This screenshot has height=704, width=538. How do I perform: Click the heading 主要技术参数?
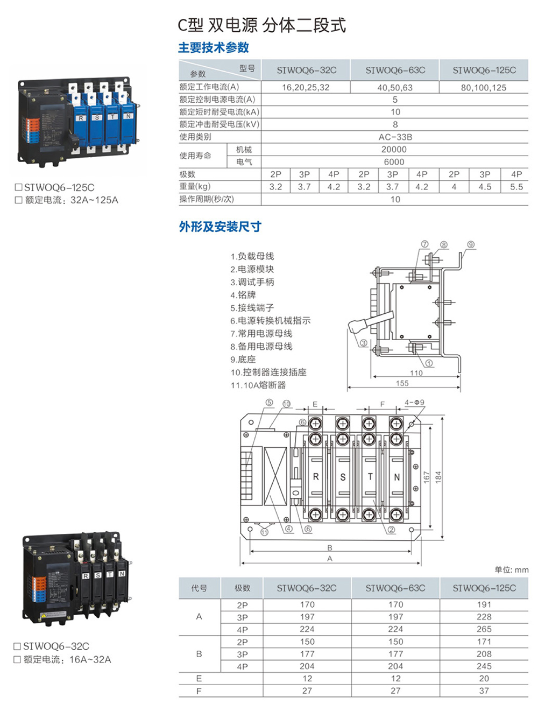click(x=214, y=48)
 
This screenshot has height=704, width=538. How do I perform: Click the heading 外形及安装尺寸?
click(x=220, y=227)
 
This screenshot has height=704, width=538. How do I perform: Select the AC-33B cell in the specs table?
click(x=395, y=137)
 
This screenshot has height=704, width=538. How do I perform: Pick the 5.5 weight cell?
click(x=516, y=187)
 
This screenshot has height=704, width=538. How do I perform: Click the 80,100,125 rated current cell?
click(x=483, y=88)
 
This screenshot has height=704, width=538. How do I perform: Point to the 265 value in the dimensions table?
click(x=484, y=629)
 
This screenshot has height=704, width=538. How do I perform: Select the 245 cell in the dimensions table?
click(x=484, y=666)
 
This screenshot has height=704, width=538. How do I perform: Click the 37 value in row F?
click(x=484, y=691)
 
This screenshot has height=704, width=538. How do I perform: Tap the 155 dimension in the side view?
click(x=402, y=383)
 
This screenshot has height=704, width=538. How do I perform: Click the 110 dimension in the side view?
click(x=416, y=373)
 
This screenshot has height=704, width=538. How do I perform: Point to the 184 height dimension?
click(x=438, y=477)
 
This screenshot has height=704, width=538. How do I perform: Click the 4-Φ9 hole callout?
click(x=414, y=403)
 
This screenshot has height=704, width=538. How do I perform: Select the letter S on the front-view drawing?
click(x=343, y=477)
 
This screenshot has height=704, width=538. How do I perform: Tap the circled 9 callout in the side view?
click(x=471, y=245)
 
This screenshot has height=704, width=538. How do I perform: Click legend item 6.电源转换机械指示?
click(x=271, y=321)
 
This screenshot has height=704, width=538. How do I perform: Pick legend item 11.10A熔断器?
click(x=258, y=385)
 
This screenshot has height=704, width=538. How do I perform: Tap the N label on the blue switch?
click(x=129, y=116)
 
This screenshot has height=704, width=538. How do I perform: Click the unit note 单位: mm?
click(x=511, y=570)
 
